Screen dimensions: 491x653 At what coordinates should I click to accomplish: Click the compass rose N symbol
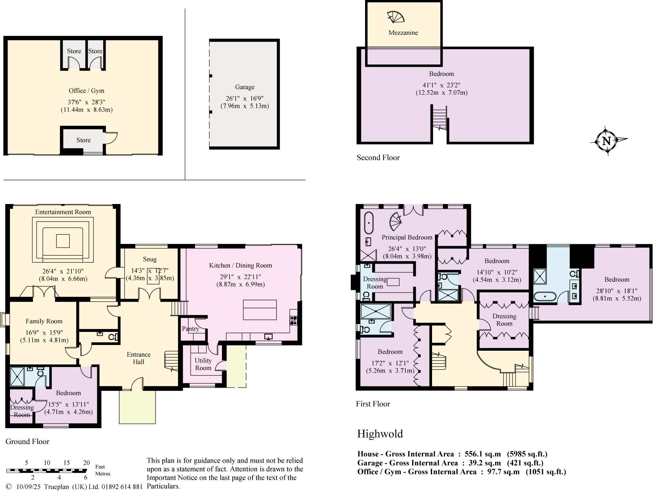click(x=606, y=141)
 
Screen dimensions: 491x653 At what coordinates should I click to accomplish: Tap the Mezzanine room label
click(x=403, y=33)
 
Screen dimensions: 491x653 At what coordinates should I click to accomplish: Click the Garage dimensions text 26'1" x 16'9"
click(x=245, y=99)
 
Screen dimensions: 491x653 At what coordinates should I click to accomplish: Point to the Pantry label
click(x=190, y=329)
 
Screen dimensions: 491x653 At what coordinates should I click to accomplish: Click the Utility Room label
click(x=203, y=364)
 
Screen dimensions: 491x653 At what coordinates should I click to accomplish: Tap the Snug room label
click(x=150, y=259)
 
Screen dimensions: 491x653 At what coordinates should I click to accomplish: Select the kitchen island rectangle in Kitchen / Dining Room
click(x=260, y=310)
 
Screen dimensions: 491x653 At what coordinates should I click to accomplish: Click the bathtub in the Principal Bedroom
click(x=369, y=223)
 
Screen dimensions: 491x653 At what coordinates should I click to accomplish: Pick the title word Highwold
click(x=380, y=434)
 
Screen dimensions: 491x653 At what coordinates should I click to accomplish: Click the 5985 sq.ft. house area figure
click(x=527, y=454)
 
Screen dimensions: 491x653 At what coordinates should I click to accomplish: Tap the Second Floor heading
click(x=378, y=158)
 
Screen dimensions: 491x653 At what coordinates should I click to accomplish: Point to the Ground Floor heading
click(x=27, y=442)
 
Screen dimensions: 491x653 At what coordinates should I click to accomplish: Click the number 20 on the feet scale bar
click(x=86, y=463)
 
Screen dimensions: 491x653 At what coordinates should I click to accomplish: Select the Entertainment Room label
click(x=63, y=212)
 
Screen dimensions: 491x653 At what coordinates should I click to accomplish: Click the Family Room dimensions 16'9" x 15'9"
click(x=44, y=333)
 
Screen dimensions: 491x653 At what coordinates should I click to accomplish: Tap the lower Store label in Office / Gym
click(x=83, y=140)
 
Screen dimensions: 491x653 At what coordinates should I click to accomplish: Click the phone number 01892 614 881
click(x=122, y=487)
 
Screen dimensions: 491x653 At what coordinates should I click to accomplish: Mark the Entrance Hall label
click(x=138, y=358)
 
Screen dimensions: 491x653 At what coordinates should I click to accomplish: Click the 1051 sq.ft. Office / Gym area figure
click(x=546, y=472)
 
